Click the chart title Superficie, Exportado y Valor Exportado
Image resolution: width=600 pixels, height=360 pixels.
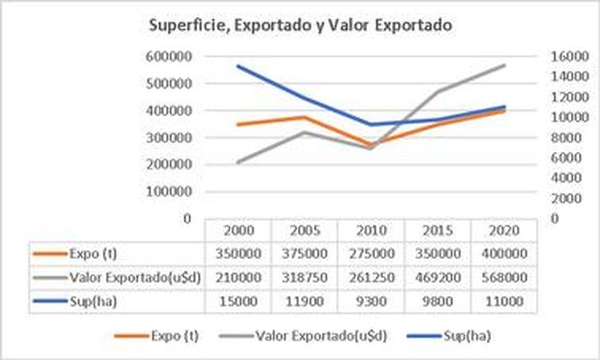pyautogui.click(x=300, y=25)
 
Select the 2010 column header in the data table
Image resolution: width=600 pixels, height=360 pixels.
pyautogui.click(x=368, y=230)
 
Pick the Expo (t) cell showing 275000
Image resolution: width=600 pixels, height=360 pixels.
pyautogui.click(x=368, y=254)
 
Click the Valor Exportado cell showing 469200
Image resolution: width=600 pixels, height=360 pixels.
pyautogui.click(x=435, y=278)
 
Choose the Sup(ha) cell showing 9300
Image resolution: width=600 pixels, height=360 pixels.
pyautogui.click(x=368, y=302)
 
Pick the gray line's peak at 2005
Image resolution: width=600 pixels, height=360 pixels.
pyautogui.click(x=302, y=132)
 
